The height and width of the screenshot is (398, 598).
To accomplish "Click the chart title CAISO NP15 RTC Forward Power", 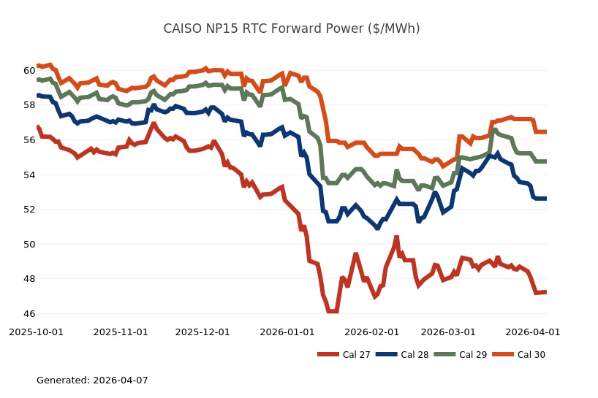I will pos(292,28).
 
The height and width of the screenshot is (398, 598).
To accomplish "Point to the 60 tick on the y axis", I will pos(29,71).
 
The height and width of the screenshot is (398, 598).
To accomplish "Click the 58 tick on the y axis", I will pos(29,105).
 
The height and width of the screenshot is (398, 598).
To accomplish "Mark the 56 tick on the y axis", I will pos(29,140).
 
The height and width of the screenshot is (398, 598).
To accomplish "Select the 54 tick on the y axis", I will pos(29,175).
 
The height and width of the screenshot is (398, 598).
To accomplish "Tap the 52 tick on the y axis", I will pos(29,210).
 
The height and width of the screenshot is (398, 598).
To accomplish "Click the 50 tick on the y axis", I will pos(29,244).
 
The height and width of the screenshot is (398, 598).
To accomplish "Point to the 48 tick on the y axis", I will pos(29,279).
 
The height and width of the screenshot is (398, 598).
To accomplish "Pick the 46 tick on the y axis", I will pos(29,314).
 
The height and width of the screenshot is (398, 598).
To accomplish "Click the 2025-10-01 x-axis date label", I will pos(36,332).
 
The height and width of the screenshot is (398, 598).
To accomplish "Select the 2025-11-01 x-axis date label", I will pos(121,332).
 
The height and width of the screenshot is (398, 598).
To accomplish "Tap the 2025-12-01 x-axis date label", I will pos(203,332).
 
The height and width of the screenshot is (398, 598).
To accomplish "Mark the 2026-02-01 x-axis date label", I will pos(372,332).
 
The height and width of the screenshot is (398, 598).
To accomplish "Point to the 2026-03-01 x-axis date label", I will pos(449,332).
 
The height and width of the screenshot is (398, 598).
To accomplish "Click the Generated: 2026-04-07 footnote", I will pos(92,380).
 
